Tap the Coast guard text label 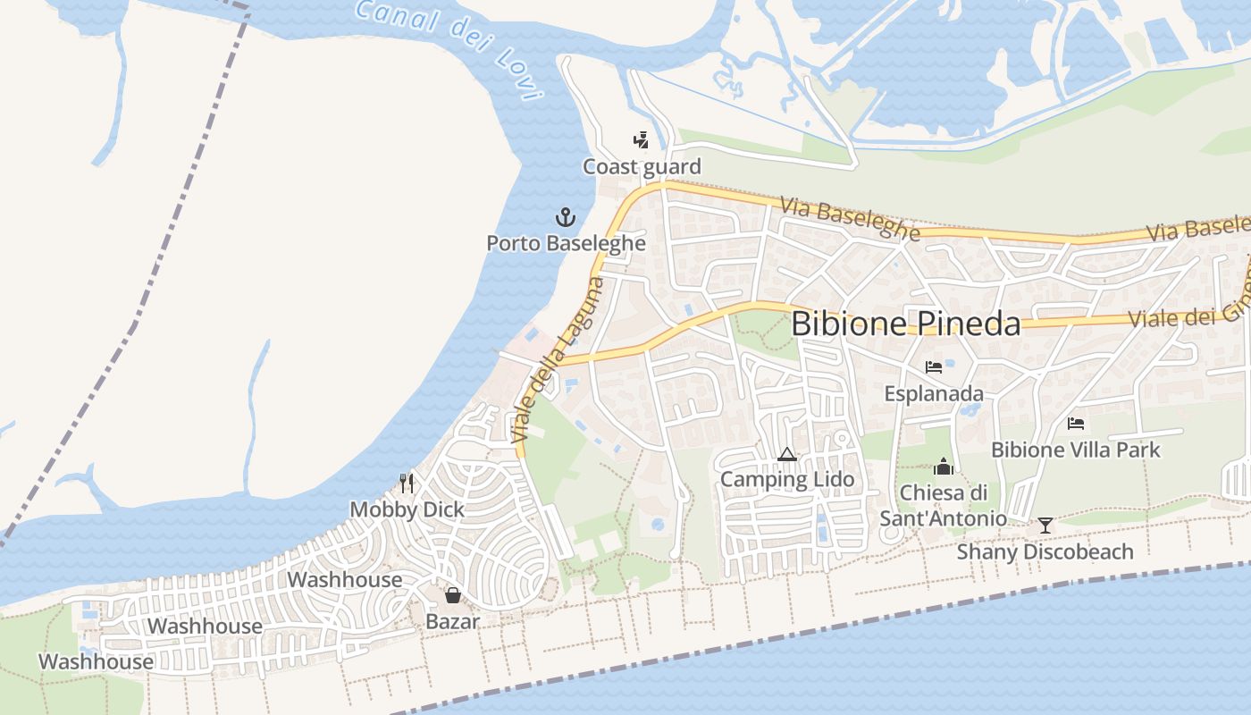point(642,166)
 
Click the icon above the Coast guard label point(641,139)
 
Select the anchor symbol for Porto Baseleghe point(565,216)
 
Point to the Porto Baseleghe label point(566,242)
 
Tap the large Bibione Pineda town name point(905,324)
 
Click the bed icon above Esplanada point(934,366)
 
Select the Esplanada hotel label point(934,393)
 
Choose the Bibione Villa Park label point(1076,450)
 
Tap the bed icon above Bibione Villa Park point(1076,423)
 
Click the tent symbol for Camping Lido point(786,454)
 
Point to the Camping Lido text point(787,480)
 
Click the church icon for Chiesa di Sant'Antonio point(944,467)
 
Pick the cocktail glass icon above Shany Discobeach point(1045,525)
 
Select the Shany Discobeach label point(1045,551)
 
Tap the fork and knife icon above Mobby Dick point(407,484)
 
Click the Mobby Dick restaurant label point(407,509)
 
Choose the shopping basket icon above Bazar point(453,595)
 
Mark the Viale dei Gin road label point(1188,315)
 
